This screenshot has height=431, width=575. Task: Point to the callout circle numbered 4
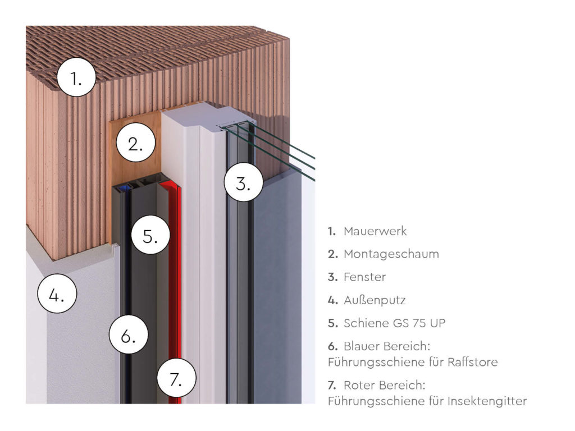click(x=56, y=295)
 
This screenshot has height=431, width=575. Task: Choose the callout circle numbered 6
click(x=129, y=336)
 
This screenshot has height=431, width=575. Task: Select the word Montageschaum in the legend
click(x=391, y=254)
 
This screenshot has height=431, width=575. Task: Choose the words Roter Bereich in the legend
click(x=385, y=386)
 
